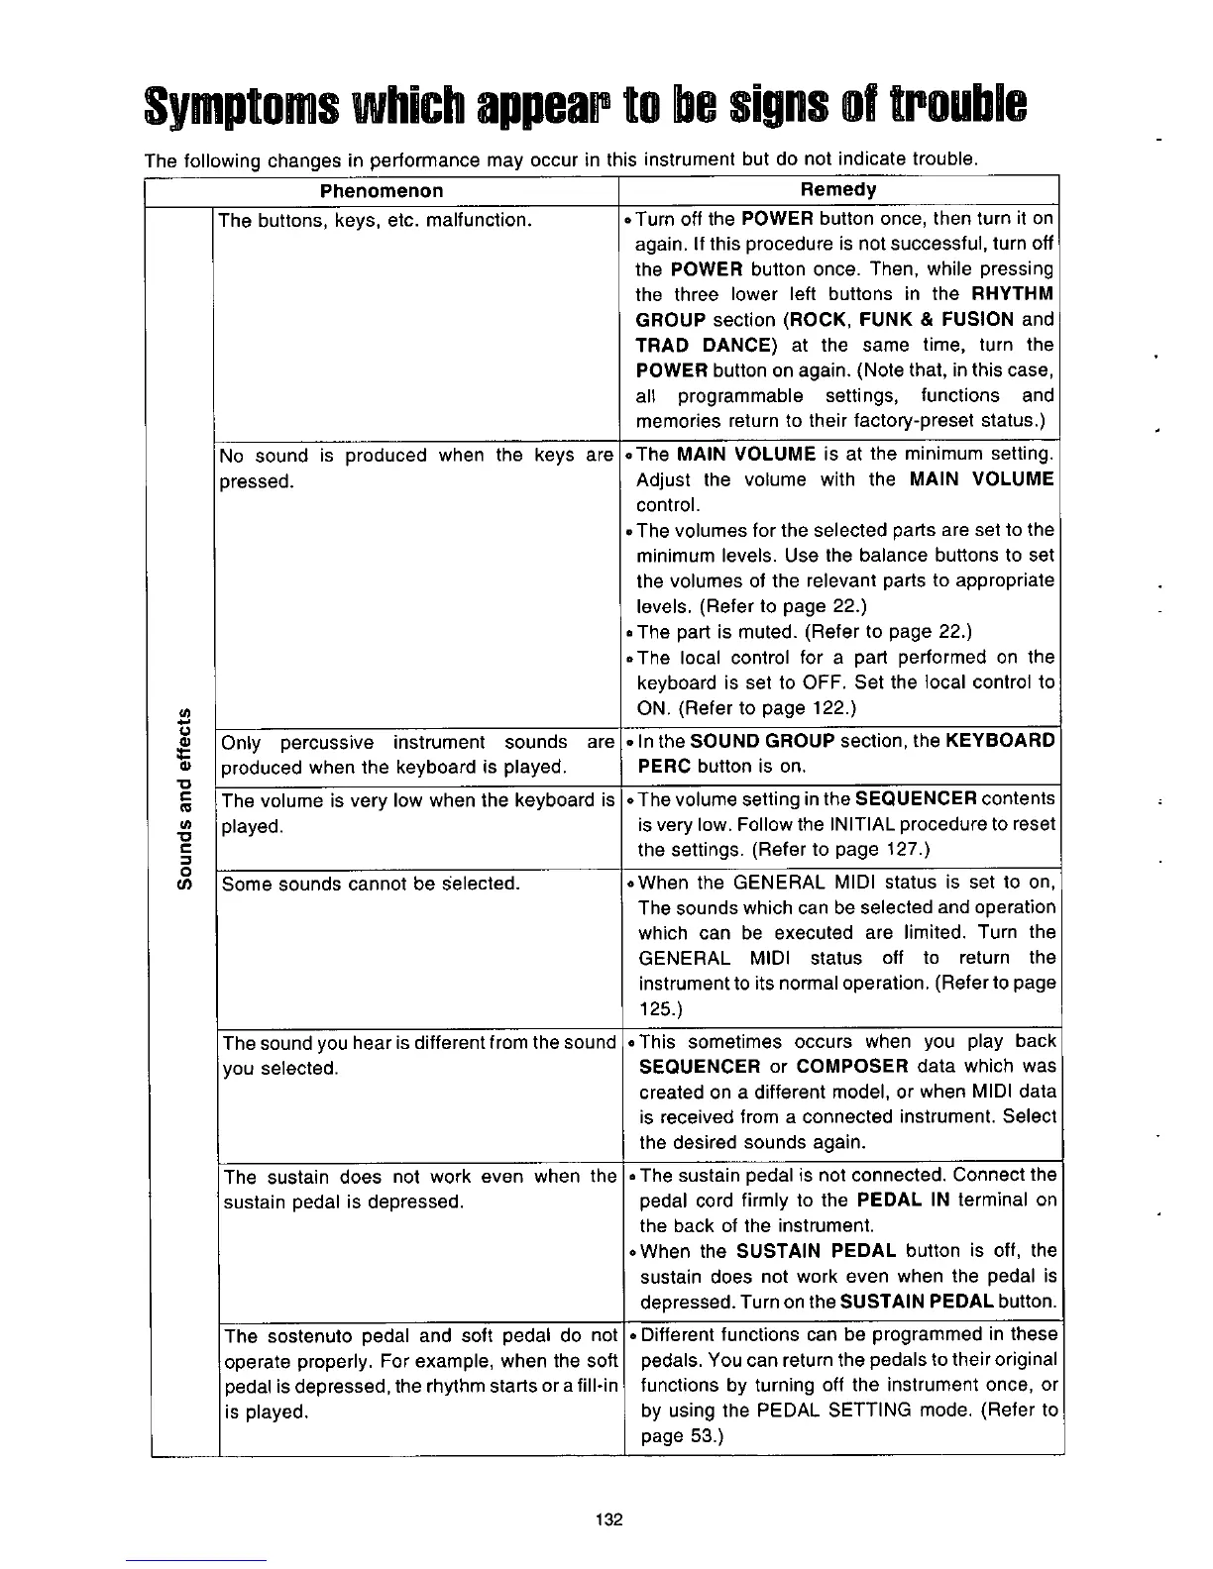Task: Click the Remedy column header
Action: point(838,190)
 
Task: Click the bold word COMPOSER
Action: point(852,1067)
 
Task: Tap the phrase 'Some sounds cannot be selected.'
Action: point(371,884)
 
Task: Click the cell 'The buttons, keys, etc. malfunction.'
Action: point(376,219)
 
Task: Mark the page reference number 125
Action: point(654,1009)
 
